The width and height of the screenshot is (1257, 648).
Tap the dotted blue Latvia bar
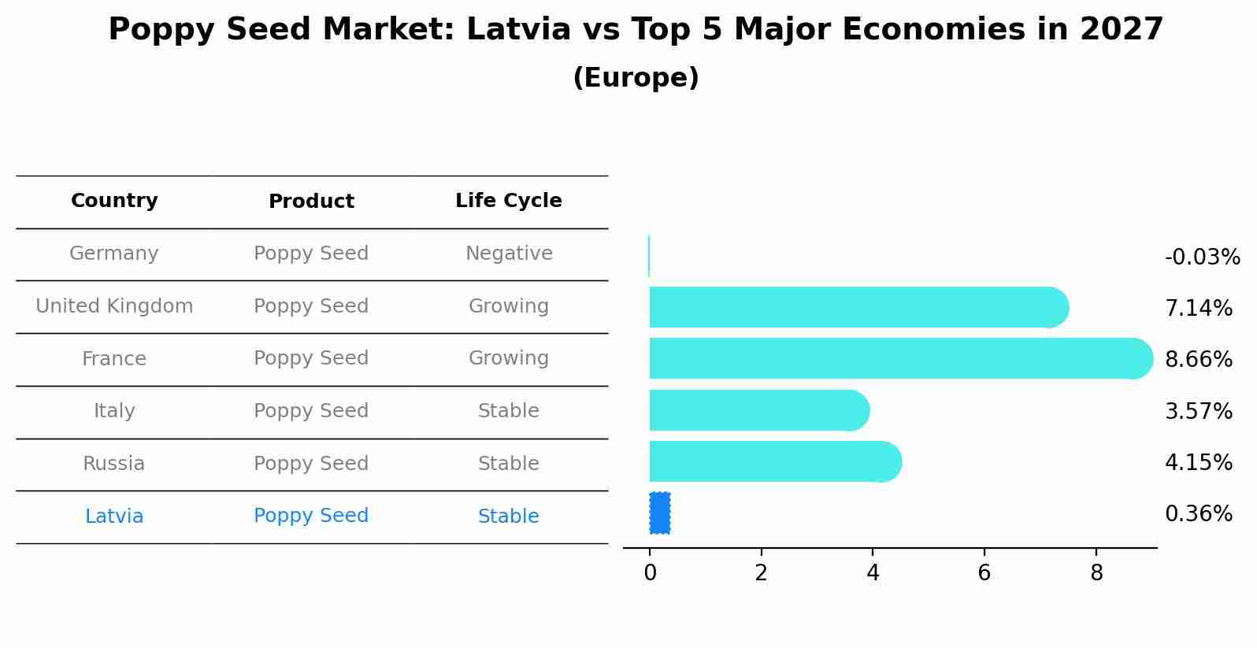coord(660,513)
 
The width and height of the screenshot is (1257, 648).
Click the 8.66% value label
coord(1198,360)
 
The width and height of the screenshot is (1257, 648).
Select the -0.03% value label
coord(1202,257)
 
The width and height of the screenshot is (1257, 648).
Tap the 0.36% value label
coord(1198,514)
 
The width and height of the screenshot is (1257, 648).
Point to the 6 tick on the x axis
coord(984,573)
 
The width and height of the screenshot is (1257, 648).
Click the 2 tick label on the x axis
coord(761,573)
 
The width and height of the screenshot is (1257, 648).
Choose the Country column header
coord(114,201)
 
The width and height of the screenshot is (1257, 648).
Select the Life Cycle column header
coord(508,201)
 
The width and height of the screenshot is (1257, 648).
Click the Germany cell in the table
coord(114,254)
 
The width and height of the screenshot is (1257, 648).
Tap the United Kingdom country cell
coord(114,306)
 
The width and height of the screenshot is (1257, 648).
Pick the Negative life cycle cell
coord(508,254)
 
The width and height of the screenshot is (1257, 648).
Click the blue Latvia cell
coord(114,517)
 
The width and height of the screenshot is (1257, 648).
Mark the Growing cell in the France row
coord(508,358)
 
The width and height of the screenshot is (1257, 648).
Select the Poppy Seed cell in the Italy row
coord(311,411)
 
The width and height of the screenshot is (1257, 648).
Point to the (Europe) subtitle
coord(636,78)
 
